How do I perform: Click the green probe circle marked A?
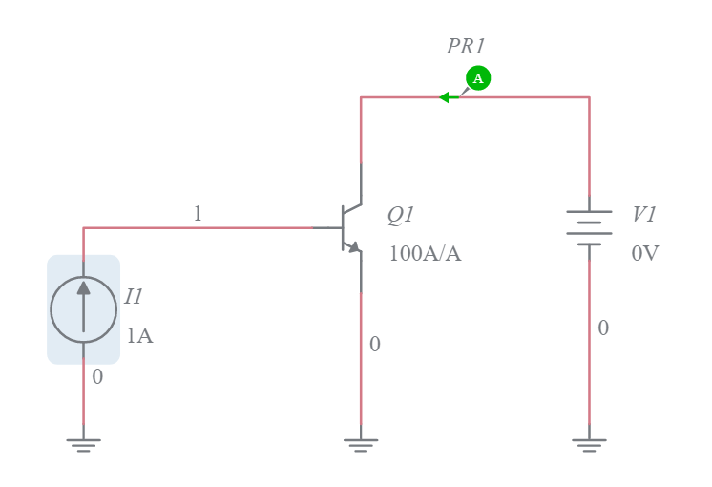[x=478, y=78]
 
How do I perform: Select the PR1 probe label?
[x=466, y=46]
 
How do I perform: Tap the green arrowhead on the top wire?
[x=444, y=97]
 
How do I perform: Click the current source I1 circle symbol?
[x=83, y=309]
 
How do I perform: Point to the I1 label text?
[x=133, y=296]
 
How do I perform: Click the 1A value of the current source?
[x=139, y=336]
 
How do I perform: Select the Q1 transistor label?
[x=401, y=215]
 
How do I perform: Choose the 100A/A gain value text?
[x=425, y=254]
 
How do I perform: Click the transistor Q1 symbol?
[x=349, y=228]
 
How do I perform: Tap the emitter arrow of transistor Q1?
[x=354, y=247]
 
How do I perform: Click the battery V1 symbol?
[x=589, y=228]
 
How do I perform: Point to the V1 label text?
[x=644, y=215]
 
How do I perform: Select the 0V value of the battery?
[x=644, y=254]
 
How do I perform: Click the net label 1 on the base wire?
[x=198, y=214]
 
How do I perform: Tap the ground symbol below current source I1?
[x=83, y=443]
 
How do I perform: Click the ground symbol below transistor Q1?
[x=361, y=443]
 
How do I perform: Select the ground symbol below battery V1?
[x=589, y=443]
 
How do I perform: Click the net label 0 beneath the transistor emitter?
[x=375, y=345]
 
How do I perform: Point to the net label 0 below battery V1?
[x=603, y=328]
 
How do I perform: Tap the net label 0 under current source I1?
[x=97, y=377]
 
